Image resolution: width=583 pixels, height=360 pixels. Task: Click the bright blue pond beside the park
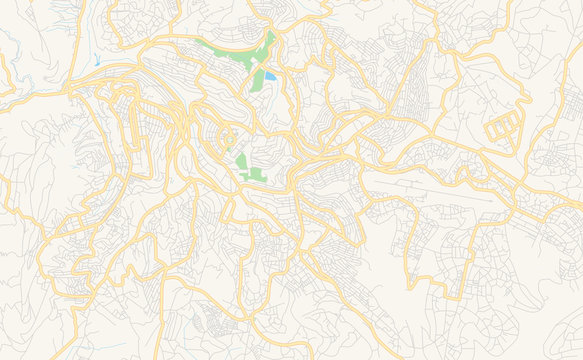(269, 76)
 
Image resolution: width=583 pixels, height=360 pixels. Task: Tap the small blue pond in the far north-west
(96, 60)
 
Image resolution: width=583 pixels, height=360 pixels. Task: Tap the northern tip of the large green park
(270, 34)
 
